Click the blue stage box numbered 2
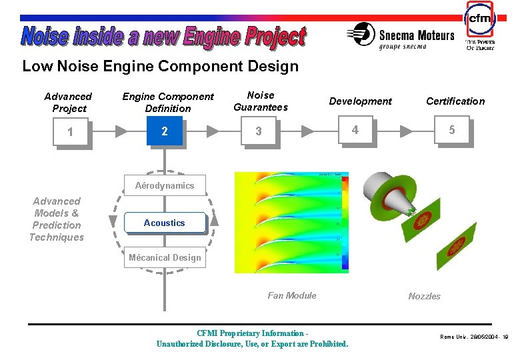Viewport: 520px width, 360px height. [x=165, y=131]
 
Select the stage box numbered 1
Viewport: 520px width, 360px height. [x=71, y=132]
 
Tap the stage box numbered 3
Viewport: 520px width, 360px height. [x=259, y=131]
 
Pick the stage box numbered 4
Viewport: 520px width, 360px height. [x=355, y=130]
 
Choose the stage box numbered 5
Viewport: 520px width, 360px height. [x=451, y=130]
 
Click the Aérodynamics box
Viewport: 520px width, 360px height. [x=165, y=185]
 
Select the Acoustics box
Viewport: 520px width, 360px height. [x=165, y=223]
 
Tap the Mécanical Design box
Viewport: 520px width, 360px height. [x=165, y=257]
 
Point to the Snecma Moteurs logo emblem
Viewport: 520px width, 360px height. [x=363, y=33]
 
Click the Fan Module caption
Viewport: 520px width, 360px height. [x=292, y=295]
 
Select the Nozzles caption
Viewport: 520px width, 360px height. [x=424, y=296]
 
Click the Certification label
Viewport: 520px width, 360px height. [x=455, y=101]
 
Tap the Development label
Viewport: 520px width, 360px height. [x=360, y=101]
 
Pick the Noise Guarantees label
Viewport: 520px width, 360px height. [x=260, y=101]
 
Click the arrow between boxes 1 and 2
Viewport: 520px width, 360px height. [x=120, y=131]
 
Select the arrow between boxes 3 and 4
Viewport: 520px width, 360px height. [x=308, y=131]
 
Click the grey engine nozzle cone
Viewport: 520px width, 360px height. [x=387, y=193]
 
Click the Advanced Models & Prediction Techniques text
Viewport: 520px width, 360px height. [x=57, y=219]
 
